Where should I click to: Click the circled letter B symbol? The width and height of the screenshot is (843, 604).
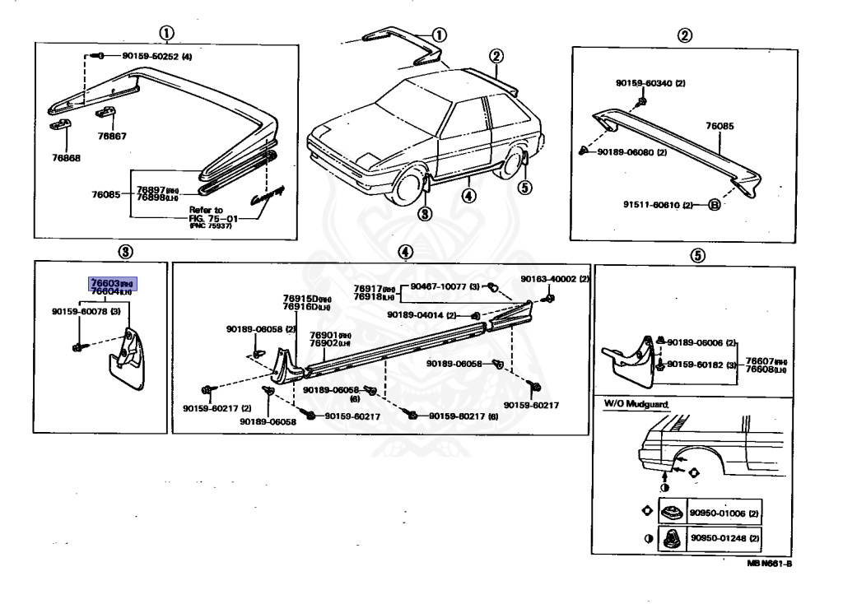pyautogui.click(x=714, y=204)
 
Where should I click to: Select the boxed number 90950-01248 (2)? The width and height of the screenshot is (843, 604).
pyautogui.click(x=724, y=537)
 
